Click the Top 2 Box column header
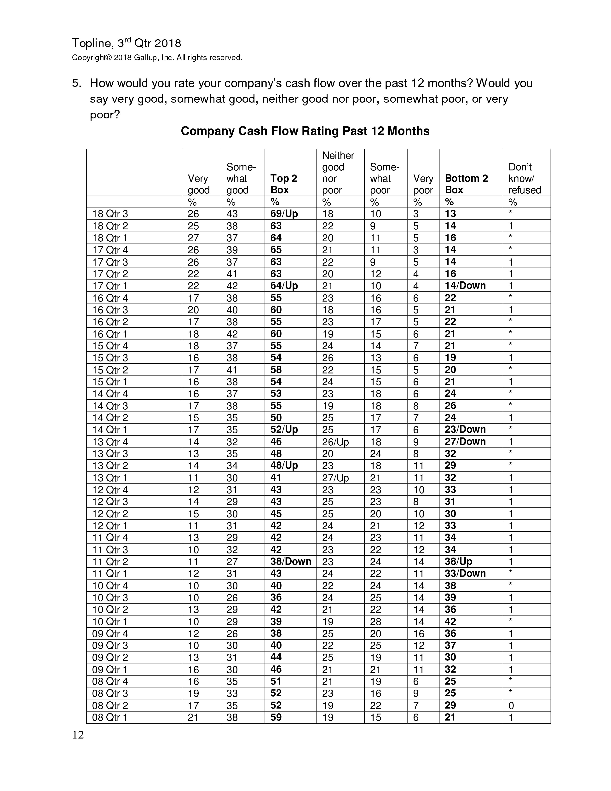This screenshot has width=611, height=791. pyautogui.click(x=283, y=184)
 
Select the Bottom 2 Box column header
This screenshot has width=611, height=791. pyautogui.click(x=466, y=184)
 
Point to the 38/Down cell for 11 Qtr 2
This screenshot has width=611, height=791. pyautogui.click(x=291, y=561)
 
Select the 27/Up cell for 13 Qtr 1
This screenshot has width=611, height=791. pyautogui.click(x=335, y=478)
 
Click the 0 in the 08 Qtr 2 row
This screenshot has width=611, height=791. pyautogui.click(x=511, y=705)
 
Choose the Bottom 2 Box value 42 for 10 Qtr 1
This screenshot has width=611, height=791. pyautogui.click(x=450, y=622)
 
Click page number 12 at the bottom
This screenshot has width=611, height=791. pyautogui.click(x=78, y=735)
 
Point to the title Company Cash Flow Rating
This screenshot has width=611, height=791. pyautogui.click(x=305, y=131)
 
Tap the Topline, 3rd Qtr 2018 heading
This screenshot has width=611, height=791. pyautogui.click(x=126, y=43)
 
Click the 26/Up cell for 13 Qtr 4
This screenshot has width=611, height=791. pyautogui.click(x=335, y=442)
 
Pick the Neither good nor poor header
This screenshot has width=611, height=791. pyautogui.click(x=338, y=173)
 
